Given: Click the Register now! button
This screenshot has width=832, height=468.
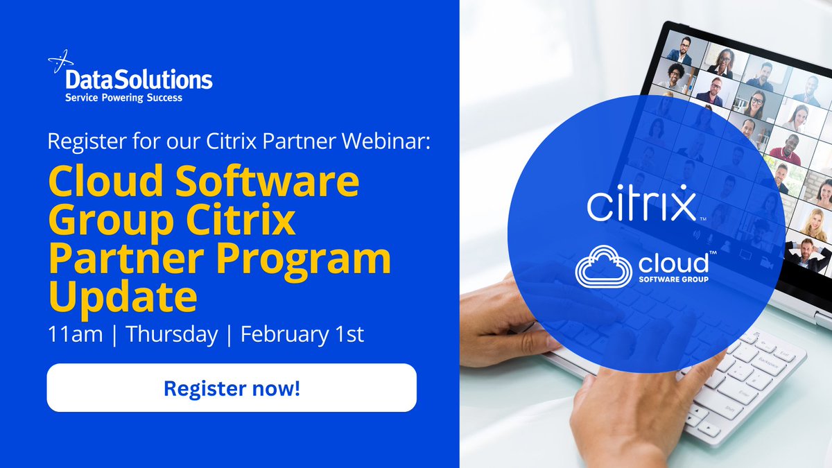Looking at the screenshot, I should click(232, 388).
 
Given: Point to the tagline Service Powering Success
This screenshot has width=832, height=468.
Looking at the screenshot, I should click(123, 98).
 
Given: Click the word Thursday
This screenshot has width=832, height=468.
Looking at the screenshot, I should click(171, 334).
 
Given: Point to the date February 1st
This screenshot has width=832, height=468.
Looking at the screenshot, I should click(302, 334).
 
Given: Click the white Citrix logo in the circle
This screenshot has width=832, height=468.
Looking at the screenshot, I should click(641, 205).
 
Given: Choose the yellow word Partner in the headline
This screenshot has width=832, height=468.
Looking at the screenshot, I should click(117, 258).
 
